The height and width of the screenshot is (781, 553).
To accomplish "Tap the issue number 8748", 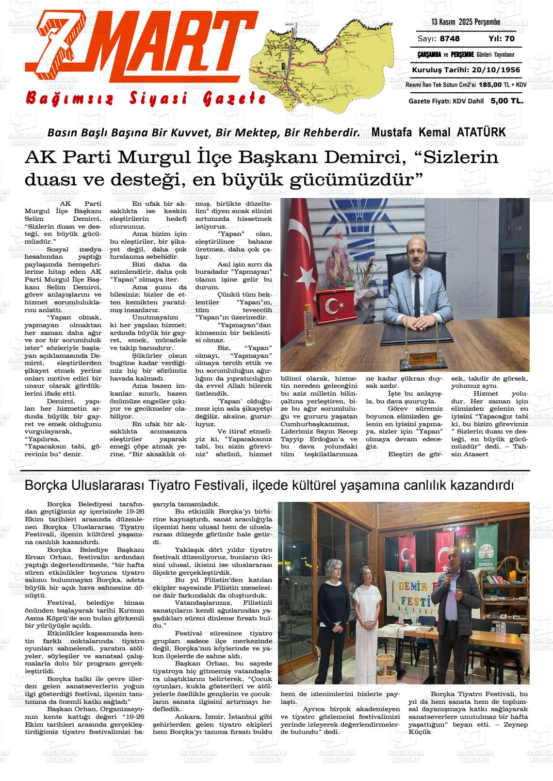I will (x=450, y=39).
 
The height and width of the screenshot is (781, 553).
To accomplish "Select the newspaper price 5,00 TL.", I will (x=506, y=101).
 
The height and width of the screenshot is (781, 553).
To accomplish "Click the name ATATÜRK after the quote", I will (x=481, y=132).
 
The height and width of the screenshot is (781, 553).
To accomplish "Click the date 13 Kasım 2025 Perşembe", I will (x=466, y=22).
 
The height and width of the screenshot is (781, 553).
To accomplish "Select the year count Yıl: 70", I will (x=501, y=39).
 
